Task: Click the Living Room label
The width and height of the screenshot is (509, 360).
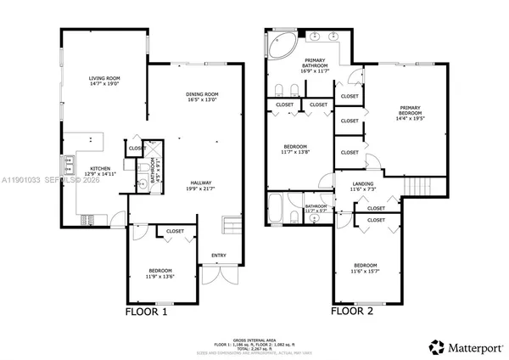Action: click(x=103, y=81)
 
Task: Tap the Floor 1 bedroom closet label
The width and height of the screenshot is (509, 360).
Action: click(x=175, y=231)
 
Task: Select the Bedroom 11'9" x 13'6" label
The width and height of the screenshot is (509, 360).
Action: click(x=160, y=273)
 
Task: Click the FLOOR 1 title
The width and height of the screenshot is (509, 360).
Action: click(x=147, y=310)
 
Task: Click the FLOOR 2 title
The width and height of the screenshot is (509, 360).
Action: click(x=352, y=310)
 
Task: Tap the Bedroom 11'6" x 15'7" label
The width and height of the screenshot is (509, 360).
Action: click(x=366, y=266)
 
